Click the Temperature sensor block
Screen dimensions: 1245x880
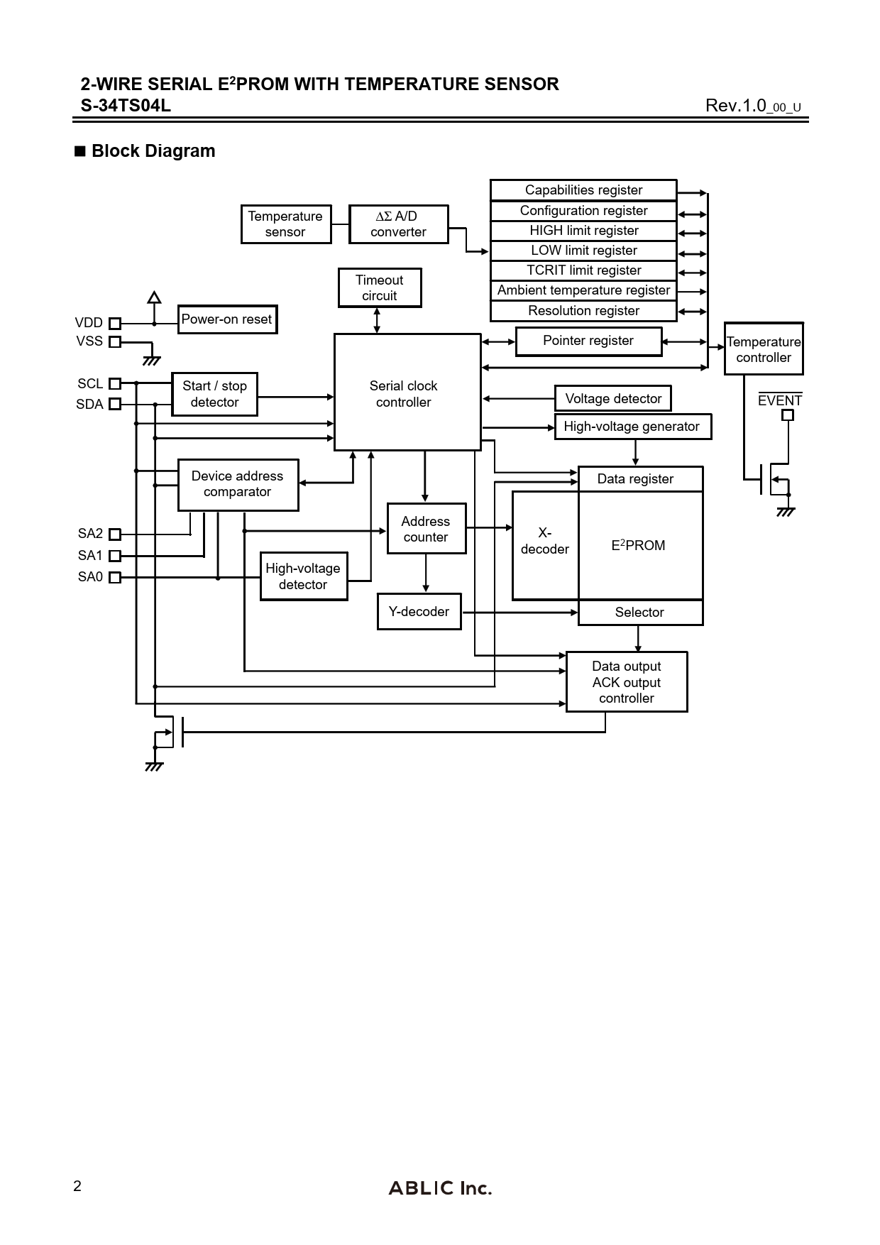pos(286,224)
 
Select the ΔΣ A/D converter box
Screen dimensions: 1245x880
pos(398,224)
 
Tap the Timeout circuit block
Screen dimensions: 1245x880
pos(380,287)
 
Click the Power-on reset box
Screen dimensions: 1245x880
pos(227,319)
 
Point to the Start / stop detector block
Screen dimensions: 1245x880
pos(214,394)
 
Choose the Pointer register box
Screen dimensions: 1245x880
pos(588,341)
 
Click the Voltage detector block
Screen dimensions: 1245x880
pos(612,399)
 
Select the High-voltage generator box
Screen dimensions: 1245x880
pos(632,427)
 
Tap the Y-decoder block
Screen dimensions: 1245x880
pos(419,612)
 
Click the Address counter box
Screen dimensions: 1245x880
pos(426,529)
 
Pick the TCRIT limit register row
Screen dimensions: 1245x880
pos(583,270)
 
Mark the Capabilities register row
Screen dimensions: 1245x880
pos(583,190)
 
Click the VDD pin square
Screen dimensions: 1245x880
pos(115,324)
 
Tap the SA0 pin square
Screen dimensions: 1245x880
pos(115,578)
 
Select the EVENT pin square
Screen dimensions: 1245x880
pos(787,415)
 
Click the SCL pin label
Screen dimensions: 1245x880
pos(90,384)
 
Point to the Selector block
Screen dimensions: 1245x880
pos(640,613)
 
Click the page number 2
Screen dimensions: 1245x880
pos(77,1186)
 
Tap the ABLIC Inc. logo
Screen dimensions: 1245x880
pos(440,1188)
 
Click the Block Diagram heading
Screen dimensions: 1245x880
pos(153,151)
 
